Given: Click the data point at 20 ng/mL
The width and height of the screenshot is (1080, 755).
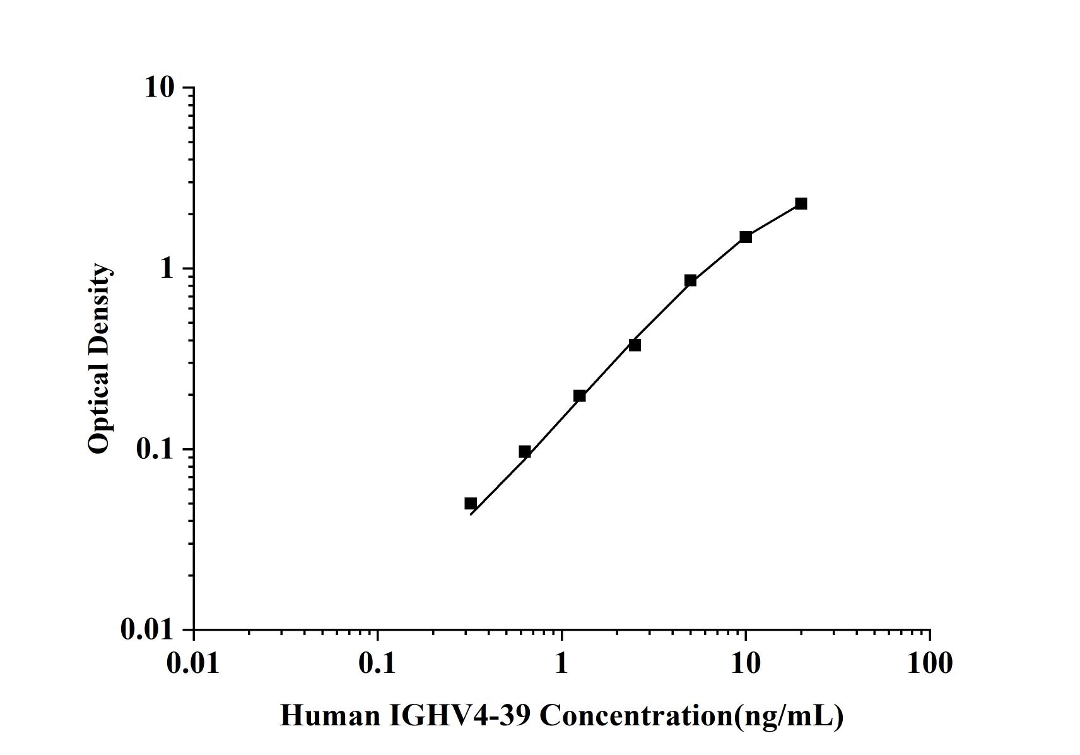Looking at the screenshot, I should click(801, 203).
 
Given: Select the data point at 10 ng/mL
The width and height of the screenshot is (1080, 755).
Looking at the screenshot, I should click(746, 237).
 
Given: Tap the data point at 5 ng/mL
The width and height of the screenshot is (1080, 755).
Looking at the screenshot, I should click(690, 280).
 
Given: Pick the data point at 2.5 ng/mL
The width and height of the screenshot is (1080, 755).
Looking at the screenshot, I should click(635, 345).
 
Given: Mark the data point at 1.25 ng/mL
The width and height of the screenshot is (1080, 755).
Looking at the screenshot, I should click(579, 396).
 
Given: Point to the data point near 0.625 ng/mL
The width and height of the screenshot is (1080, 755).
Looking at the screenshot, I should click(524, 451).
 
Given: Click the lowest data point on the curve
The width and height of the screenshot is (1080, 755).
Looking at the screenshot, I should click(471, 503).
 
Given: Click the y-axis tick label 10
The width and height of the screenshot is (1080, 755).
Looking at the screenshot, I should click(158, 87).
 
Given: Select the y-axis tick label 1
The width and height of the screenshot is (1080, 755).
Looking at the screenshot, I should click(167, 268).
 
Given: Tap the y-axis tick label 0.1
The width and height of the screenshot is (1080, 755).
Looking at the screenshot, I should click(154, 449).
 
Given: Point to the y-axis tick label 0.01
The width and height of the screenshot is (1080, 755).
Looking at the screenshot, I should click(147, 629).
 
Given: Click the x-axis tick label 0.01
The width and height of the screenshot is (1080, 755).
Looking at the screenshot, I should click(194, 663).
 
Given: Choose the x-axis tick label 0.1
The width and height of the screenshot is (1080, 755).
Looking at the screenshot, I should click(377, 663).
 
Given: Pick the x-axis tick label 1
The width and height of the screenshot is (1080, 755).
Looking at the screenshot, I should click(561, 663).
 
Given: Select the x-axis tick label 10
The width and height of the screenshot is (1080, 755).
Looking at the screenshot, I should click(746, 663).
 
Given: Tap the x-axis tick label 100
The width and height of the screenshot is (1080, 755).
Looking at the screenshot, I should click(930, 663).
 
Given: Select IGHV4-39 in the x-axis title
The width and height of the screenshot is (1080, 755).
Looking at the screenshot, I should click(462, 716).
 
